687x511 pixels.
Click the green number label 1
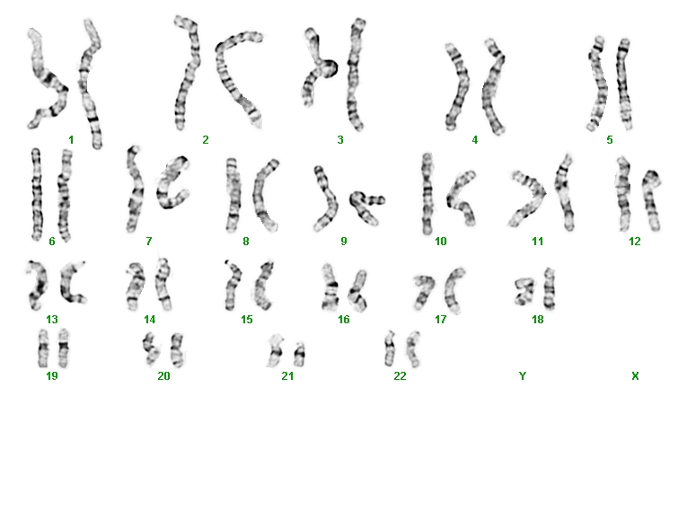[71, 140]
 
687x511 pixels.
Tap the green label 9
[343, 241]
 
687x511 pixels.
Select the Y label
[523, 375]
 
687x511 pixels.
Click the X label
[635, 375]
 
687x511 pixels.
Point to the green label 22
[400, 375]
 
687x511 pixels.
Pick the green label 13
[52, 319]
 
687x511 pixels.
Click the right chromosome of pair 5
[624, 84]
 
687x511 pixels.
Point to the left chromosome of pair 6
[37, 194]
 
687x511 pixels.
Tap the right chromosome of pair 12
[651, 201]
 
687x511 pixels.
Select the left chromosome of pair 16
[330, 287]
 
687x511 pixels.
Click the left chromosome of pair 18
[524, 291]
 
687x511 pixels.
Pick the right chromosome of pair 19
[64, 348]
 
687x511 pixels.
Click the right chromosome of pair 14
[163, 284]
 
